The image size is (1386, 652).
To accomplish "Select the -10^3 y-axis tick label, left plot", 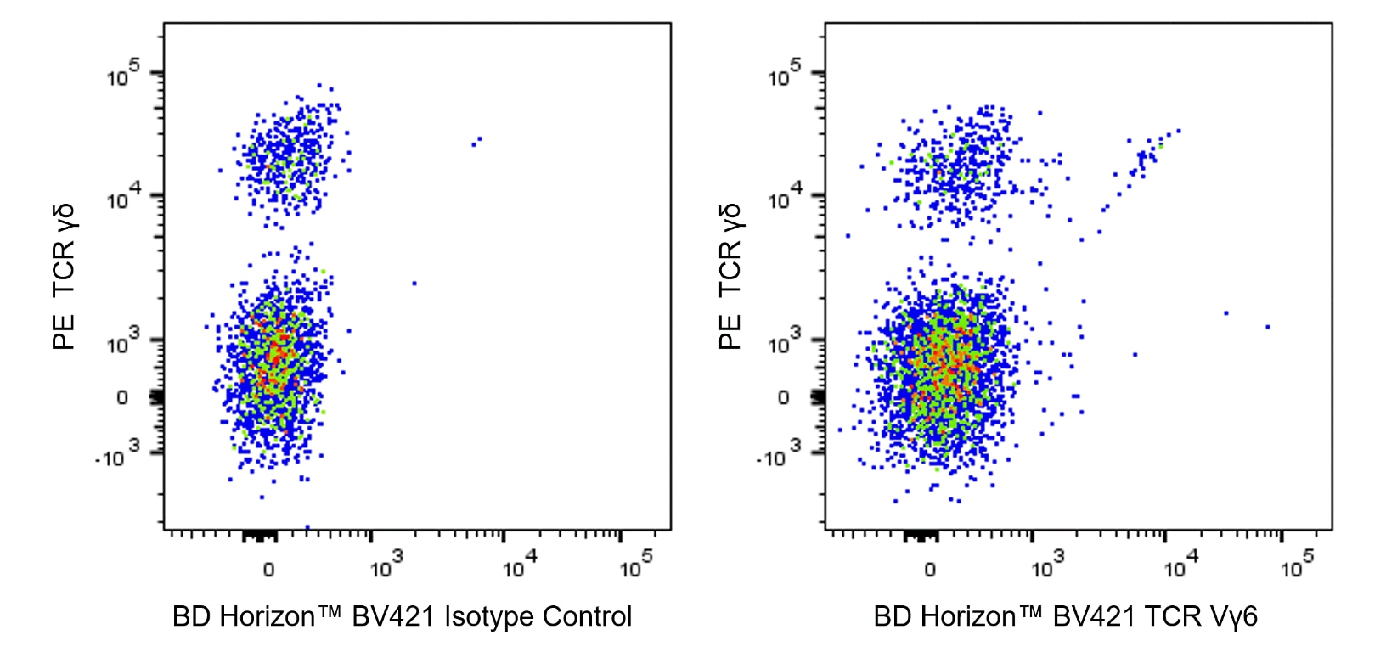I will [116, 457].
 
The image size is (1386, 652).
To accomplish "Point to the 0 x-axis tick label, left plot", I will [268, 569].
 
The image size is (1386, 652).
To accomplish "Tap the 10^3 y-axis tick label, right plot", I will [785, 343].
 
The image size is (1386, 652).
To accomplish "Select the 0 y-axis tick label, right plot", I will [783, 397].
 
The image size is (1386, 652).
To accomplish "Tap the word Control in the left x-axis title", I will [587, 616].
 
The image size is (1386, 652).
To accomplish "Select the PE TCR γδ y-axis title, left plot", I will [64, 277].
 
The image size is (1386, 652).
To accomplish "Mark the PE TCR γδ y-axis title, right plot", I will [730, 277].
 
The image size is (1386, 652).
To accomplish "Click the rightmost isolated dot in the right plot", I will [1267, 326].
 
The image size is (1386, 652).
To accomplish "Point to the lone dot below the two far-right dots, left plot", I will [414, 283].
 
